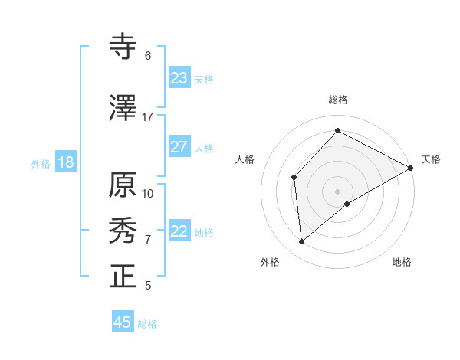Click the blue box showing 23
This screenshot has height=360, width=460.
pyautogui.click(x=179, y=78)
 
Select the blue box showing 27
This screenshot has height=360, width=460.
pyautogui.click(x=179, y=147)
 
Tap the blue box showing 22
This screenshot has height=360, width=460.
pyautogui.click(x=179, y=231)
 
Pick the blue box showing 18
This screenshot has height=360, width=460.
pyautogui.click(x=65, y=162)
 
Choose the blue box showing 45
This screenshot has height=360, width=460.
pyautogui.click(x=123, y=322)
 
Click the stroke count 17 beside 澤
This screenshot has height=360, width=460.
pyautogui.click(x=147, y=117)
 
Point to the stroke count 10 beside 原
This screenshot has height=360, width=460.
pyautogui.click(x=148, y=193)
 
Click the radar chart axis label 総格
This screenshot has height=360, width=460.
pyautogui.click(x=338, y=100)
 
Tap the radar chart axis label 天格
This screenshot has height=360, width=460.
pyautogui.click(x=431, y=159)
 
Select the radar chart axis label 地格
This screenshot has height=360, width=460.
pyautogui.click(x=402, y=262)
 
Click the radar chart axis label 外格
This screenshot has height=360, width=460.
pyautogui.click(x=270, y=262)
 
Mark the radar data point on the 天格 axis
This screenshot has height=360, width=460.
pyautogui.click(x=411, y=168)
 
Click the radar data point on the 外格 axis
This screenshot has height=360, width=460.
pyautogui.click(x=302, y=241)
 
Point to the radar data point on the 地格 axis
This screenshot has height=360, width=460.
pyautogui.click(x=347, y=204)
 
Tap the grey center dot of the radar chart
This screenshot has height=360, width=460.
pyautogui.click(x=337, y=191)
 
